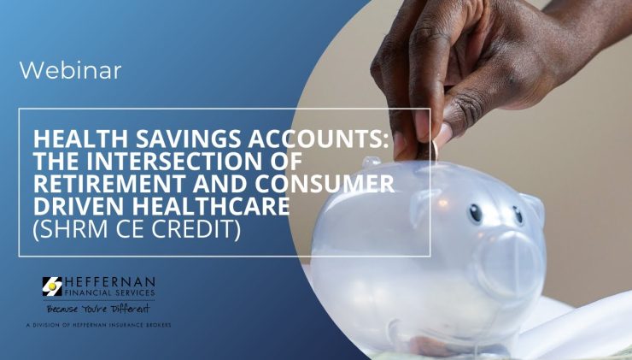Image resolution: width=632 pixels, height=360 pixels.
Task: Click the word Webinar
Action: pos(70,70)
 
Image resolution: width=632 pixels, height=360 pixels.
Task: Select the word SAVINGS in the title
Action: pos(189,139)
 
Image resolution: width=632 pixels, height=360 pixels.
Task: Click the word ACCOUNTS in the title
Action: pos(319,139)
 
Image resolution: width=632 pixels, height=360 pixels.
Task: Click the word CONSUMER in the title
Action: pos(325,184)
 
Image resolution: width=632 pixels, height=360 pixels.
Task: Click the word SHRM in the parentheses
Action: pos(73,228)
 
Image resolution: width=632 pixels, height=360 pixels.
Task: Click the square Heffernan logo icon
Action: pos(52,286)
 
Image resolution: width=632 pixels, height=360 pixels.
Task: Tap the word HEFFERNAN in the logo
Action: pos(109,281)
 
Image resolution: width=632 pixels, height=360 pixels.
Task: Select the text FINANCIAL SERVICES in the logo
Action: pos(109,292)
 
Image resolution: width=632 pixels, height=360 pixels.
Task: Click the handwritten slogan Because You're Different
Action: pos(98,310)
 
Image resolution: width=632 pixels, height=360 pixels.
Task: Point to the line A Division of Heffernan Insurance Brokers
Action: pos(98,325)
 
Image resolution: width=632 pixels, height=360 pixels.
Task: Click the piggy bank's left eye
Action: pos(475,213)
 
